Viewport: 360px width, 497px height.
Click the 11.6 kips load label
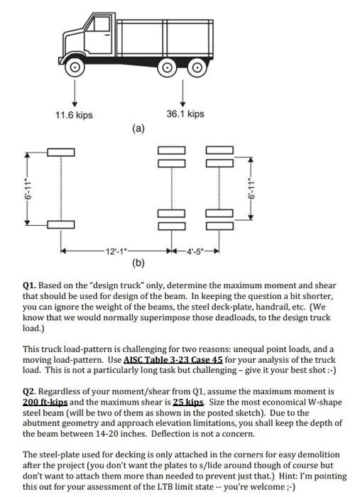(x=74, y=115)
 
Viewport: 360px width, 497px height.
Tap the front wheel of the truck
(x=75, y=67)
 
